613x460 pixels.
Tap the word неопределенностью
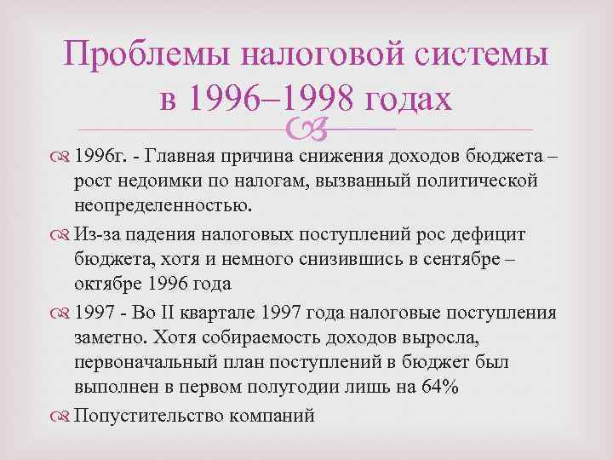point(163,205)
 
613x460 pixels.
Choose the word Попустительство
point(149,417)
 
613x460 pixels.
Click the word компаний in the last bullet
point(272,417)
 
